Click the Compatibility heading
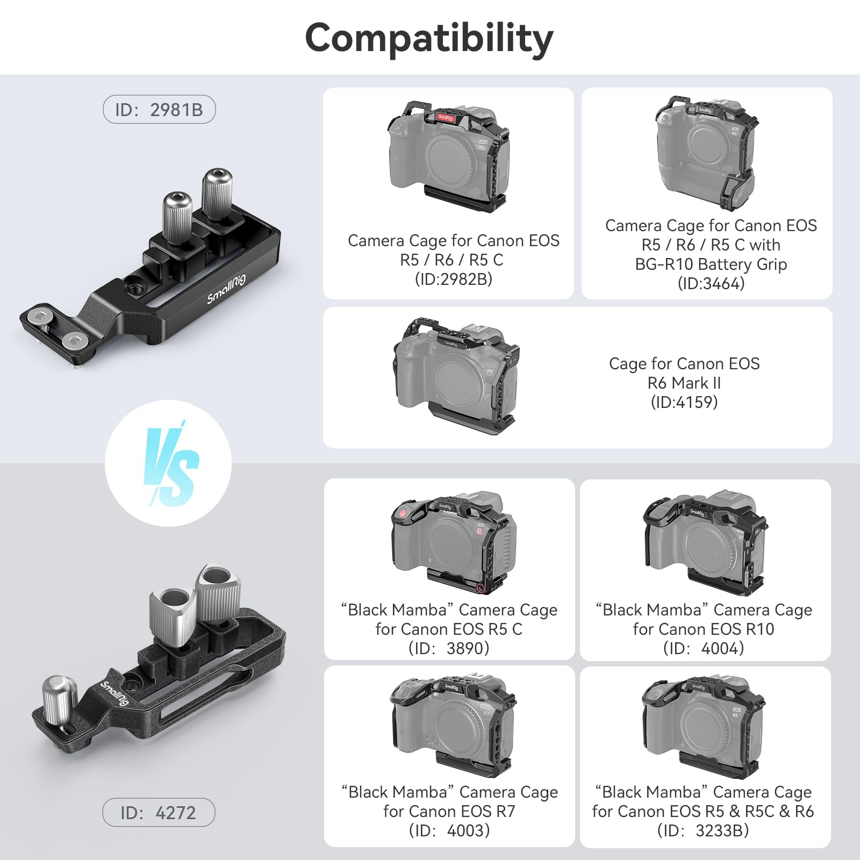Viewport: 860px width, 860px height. pos(429,39)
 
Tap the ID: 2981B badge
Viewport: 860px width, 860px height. pos(159,110)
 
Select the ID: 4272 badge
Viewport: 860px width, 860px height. pos(159,813)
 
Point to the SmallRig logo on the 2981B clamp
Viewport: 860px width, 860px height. pos(226,289)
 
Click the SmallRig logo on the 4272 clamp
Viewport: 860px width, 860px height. pos(114,693)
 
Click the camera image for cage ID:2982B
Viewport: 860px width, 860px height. pos(448,156)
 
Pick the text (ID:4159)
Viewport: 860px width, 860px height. pos(684,402)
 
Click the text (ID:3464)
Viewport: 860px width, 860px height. pos(711,283)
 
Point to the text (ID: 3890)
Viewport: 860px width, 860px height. pos(449,648)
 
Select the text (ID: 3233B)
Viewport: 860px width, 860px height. pos(703,830)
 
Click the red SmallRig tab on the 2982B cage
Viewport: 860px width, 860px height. pos(446,117)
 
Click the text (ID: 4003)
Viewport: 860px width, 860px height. pos(449,830)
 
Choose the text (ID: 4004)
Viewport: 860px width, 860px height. pos(704,648)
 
